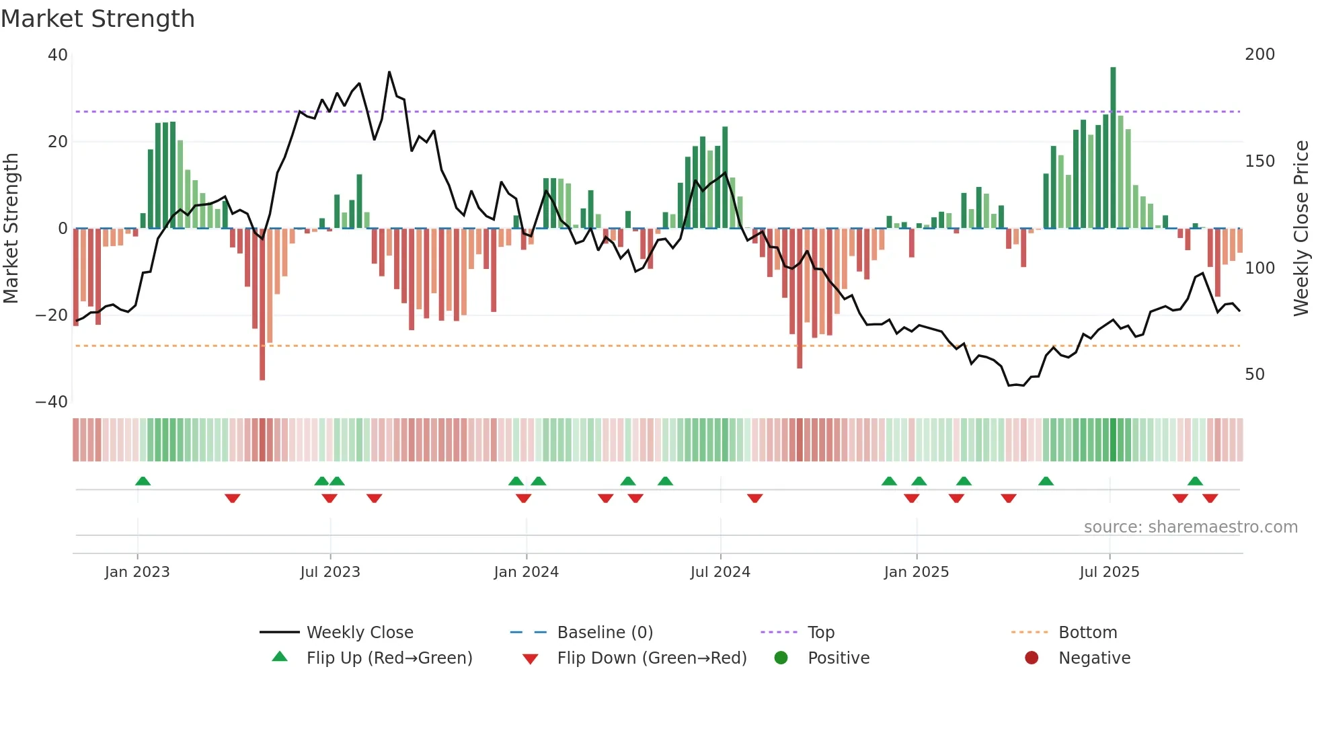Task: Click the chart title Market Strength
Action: (x=98, y=19)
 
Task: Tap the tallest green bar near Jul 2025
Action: (x=1113, y=148)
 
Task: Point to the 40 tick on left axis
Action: (x=58, y=55)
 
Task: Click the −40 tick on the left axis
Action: (x=52, y=402)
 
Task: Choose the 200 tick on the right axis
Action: (x=1259, y=54)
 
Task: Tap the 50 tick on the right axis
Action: (x=1254, y=375)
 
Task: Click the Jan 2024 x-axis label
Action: (x=526, y=572)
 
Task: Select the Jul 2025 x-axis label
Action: (x=1109, y=572)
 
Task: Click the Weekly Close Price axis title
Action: (x=1301, y=229)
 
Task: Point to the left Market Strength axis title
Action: (x=11, y=229)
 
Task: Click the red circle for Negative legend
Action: (x=1032, y=658)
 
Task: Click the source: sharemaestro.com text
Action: (x=1190, y=527)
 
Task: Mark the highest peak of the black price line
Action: (x=389, y=72)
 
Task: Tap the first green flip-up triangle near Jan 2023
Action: (x=143, y=481)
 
